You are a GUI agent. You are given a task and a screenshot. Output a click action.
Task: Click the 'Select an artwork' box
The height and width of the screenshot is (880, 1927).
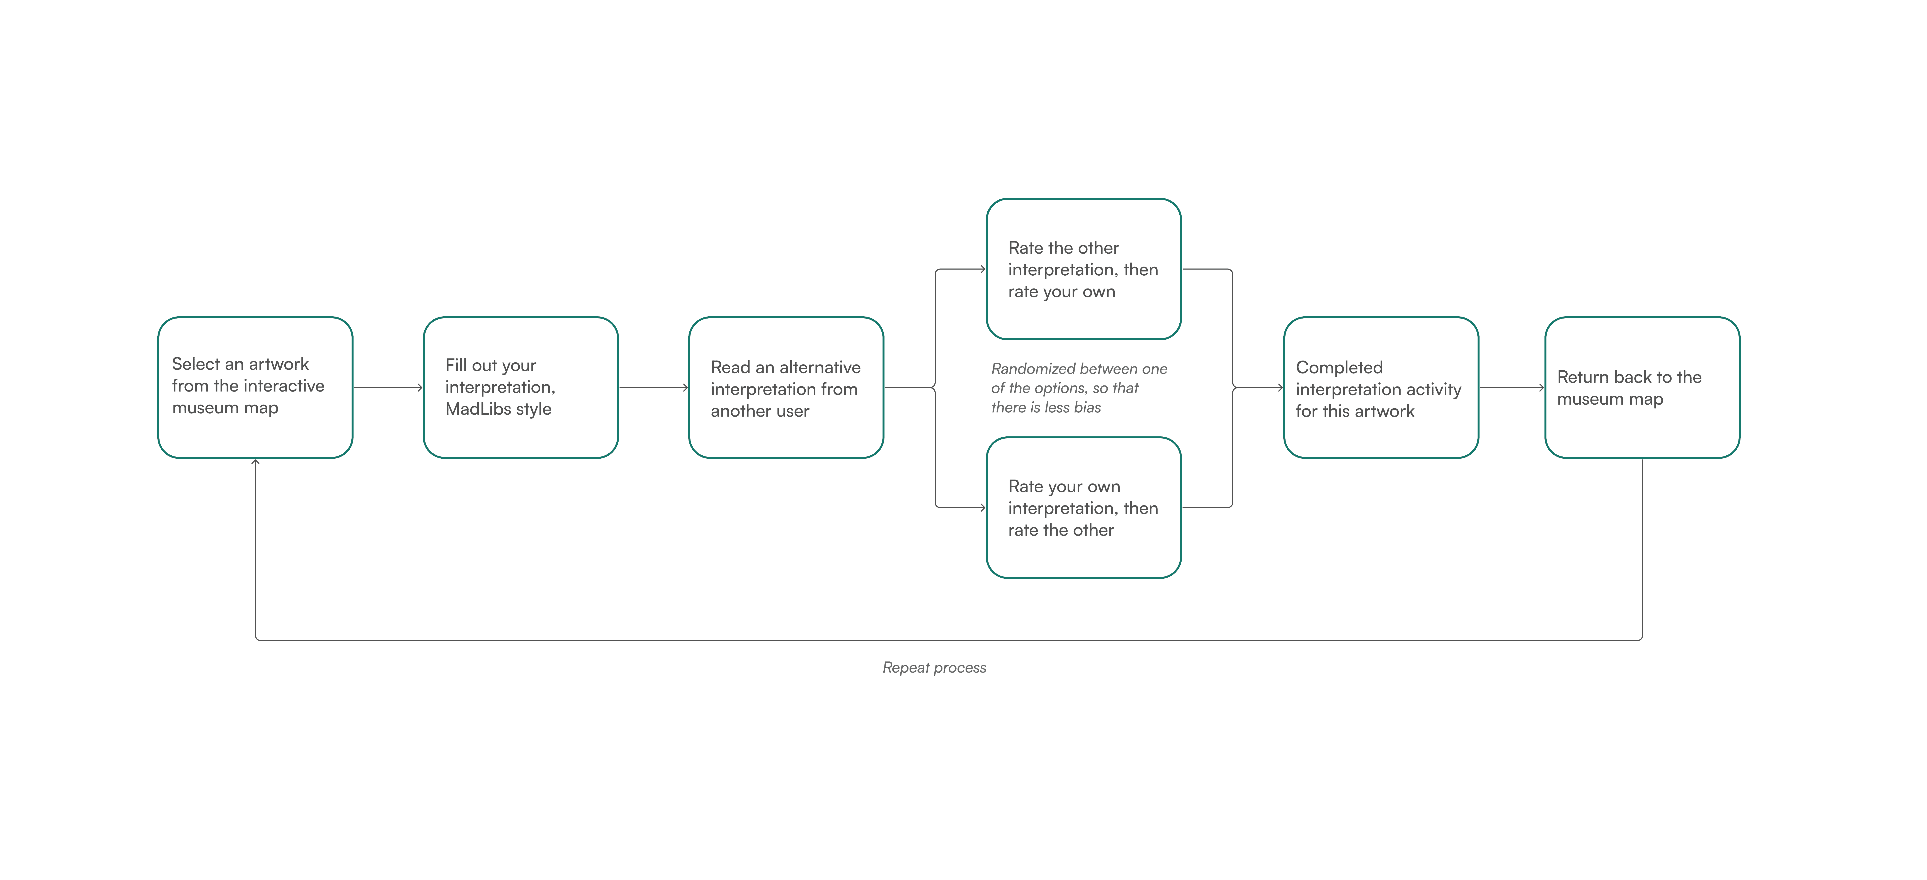coord(255,387)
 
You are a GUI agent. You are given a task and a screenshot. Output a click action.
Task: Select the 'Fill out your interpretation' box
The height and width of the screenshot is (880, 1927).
coord(521,387)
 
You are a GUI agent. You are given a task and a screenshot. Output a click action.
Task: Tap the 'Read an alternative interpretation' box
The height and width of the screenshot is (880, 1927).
coord(786,387)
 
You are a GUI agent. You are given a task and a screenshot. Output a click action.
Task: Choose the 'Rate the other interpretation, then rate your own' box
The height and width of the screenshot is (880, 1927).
coord(1084,269)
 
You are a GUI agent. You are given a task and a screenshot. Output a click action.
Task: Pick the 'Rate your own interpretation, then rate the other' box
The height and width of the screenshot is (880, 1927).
coord(1084,508)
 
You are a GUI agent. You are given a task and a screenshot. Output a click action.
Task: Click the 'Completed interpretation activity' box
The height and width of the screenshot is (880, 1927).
coord(1381,387)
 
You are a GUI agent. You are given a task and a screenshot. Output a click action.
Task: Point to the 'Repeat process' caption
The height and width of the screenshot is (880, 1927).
coord(934,668)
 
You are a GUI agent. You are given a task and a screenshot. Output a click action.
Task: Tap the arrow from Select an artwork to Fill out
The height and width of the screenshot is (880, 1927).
coord(388,387)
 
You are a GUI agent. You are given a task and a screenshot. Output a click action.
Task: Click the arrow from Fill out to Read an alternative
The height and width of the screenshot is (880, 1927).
coord(654,387)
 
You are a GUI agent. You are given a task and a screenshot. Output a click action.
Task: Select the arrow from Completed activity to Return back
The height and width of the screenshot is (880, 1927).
coord(1512,387)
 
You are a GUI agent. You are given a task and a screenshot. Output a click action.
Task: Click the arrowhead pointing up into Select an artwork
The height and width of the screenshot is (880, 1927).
coord(255,462)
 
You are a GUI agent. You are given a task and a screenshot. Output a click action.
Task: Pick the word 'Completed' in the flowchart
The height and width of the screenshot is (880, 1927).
coord(1339,368)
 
